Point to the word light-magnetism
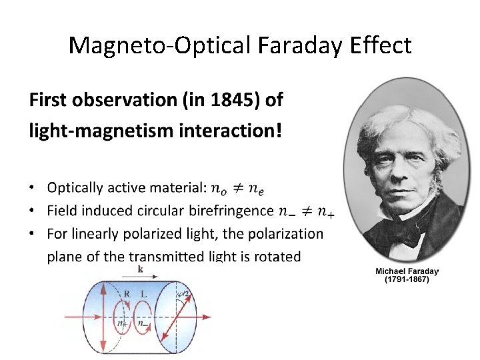pos(94,131)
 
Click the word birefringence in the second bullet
pos(230,211)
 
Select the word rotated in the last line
pos(275,257)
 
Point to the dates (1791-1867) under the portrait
pos(407,281)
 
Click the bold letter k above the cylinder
pos(141,267)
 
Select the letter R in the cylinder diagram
pos(127,293)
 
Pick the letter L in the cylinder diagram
pos(144,293)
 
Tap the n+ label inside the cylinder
pos(122,323)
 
